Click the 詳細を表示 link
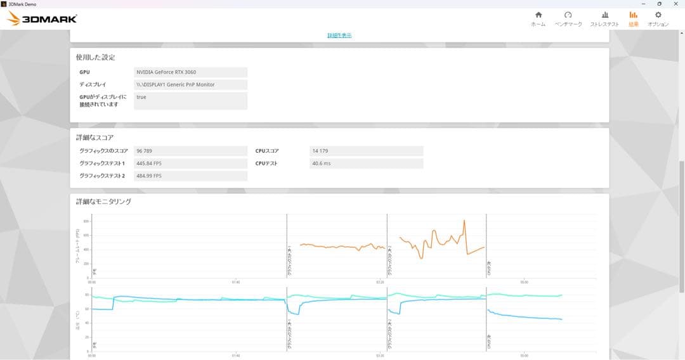[x=339, y=35]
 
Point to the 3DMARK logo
[x=42, y=19]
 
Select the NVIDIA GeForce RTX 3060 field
[x=190, y=72]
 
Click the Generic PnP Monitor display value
[x=190, y=84]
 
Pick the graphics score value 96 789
[x=190, y=151]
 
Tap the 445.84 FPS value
[x=190, y=164]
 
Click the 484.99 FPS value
[x=190, y=176]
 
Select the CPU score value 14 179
[x=366, y=151]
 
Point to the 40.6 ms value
[x=366, y=164]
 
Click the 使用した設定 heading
[x=96, y=57]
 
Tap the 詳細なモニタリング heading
[x=104, y=202]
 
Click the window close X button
[x=676, y=4]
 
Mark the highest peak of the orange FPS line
[x=464, y=221]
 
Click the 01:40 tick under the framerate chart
[x=235, y=282]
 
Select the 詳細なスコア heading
[x=95, y=137]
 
